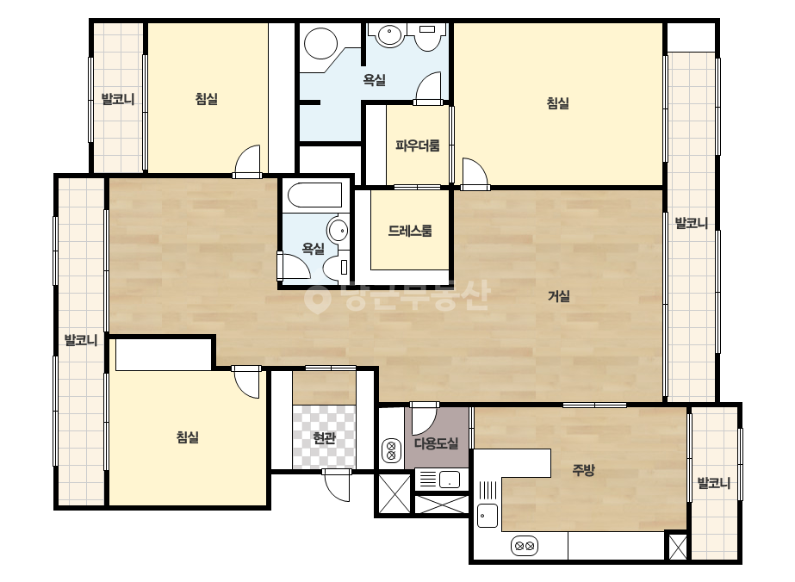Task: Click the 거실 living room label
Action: (559, 296)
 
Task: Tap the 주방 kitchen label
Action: (583, 470)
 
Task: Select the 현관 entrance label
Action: (324, 437)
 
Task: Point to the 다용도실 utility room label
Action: (436, 443)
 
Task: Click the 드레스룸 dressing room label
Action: (410, 231)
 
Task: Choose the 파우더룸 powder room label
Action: (417, 145)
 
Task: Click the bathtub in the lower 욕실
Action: (314, 195)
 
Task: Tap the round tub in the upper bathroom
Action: (321, 42)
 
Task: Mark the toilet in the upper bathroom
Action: (428, 36)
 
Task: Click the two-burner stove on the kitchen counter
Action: (525, 547)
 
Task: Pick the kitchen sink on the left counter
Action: (488, 516)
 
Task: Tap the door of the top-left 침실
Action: (248, 161)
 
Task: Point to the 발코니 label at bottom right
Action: (713, 483)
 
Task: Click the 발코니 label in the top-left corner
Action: (118, 99)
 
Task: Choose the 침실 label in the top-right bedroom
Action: (558, 103)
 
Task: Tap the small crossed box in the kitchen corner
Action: (678, 547)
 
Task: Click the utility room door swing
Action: (424, 418)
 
